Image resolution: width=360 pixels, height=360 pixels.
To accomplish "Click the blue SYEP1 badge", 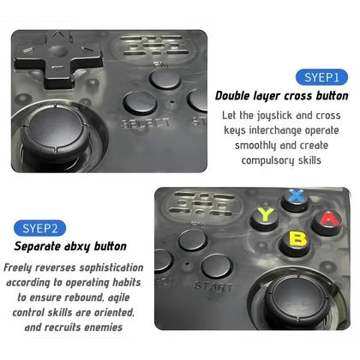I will (321, 77).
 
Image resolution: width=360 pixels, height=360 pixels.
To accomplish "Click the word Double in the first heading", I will (237, 96).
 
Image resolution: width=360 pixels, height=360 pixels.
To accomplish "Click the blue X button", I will (296, 195).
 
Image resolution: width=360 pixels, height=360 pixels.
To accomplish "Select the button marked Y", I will (267, 213).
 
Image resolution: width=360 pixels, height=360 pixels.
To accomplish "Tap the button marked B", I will (297, 235).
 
